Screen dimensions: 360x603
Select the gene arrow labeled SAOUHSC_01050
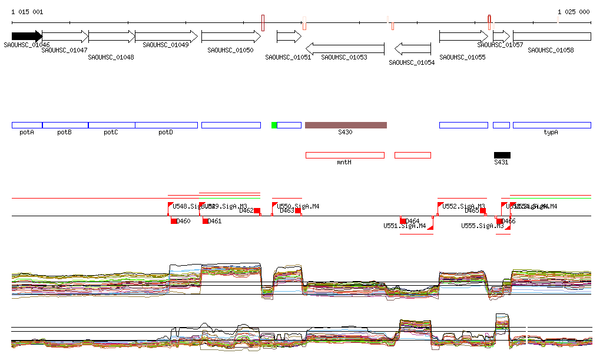(230, 37)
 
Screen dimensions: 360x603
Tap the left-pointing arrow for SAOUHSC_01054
(413, 48)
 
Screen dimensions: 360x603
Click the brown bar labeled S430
(346, 125)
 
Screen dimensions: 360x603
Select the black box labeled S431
(502, 155)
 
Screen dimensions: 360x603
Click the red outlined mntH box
(344, 155)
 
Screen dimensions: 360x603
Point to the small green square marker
(274, 125)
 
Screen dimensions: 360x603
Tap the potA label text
(26, 133)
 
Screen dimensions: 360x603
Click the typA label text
(551, 133)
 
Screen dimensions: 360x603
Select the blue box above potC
(111, 125)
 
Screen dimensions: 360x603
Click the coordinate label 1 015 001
(27, 12)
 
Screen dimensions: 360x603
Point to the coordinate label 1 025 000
(573, 12)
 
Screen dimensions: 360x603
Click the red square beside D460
(174, 221)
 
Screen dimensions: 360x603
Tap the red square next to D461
(206, 221)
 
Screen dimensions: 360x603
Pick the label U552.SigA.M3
(463, 206)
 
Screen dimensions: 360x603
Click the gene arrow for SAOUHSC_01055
(463, 37)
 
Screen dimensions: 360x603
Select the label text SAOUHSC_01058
(551, 51)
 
